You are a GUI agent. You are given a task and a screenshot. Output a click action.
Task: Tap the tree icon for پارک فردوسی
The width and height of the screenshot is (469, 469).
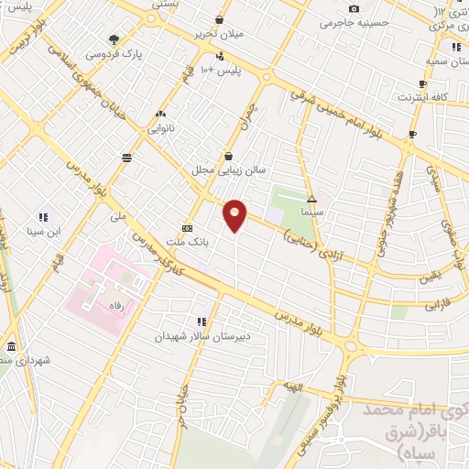114,39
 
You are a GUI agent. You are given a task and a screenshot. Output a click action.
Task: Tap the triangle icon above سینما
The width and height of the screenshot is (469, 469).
312,197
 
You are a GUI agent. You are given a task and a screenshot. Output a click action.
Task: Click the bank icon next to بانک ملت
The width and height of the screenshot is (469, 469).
188,228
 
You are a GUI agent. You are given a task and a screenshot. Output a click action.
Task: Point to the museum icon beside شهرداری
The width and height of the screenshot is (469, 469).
11,347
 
